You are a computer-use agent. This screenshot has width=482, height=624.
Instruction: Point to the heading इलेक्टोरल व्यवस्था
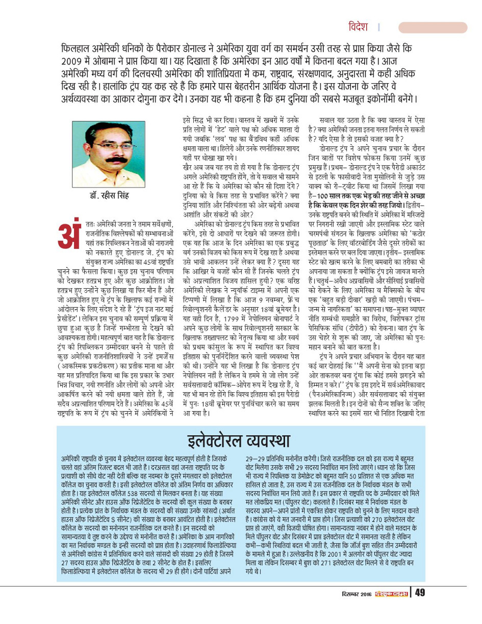(239, 437)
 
